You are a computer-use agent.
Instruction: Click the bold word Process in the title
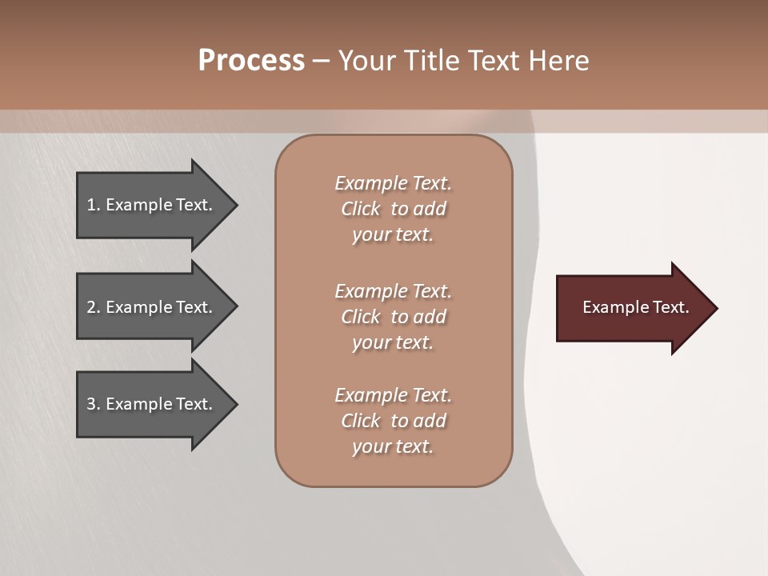[x=251, y=61]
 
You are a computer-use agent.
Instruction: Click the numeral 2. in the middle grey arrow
[x=94, y=307]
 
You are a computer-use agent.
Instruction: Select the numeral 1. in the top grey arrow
[x=94, y=205]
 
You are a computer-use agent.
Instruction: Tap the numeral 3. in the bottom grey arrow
[x=94, y=404]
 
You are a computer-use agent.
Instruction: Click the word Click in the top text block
[x=361, y=209]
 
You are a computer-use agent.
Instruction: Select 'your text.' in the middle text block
[x=393, y=342]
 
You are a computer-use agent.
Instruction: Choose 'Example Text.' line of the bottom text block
[x=393, y=395]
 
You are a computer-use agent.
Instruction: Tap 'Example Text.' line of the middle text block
[x=393, y=291]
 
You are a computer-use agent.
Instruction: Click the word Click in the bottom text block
[x=361, y=421]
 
